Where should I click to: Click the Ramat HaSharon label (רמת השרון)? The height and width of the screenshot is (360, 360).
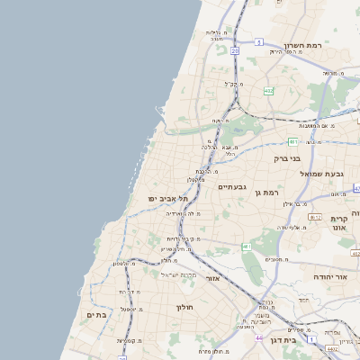(303, 45)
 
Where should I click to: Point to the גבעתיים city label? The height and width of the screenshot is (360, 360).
(232, 186)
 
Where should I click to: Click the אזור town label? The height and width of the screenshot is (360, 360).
(213, 278)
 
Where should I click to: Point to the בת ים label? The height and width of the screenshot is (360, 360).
(96, 315)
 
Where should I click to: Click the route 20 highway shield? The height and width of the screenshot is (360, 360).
(235, 51)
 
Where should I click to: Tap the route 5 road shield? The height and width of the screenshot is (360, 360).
(257, 41)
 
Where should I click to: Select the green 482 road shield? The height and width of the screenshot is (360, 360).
(269, 90)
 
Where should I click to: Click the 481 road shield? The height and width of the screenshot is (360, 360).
(292, 141)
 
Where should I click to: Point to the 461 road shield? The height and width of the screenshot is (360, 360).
(246, 246)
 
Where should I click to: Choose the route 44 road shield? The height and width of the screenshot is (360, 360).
(258, 338)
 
